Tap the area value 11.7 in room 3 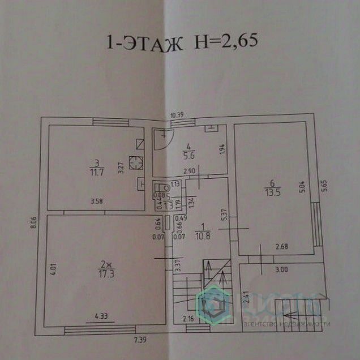coord(95,172)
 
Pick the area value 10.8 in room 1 coord(203,236)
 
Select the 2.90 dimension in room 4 coord(190,171)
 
